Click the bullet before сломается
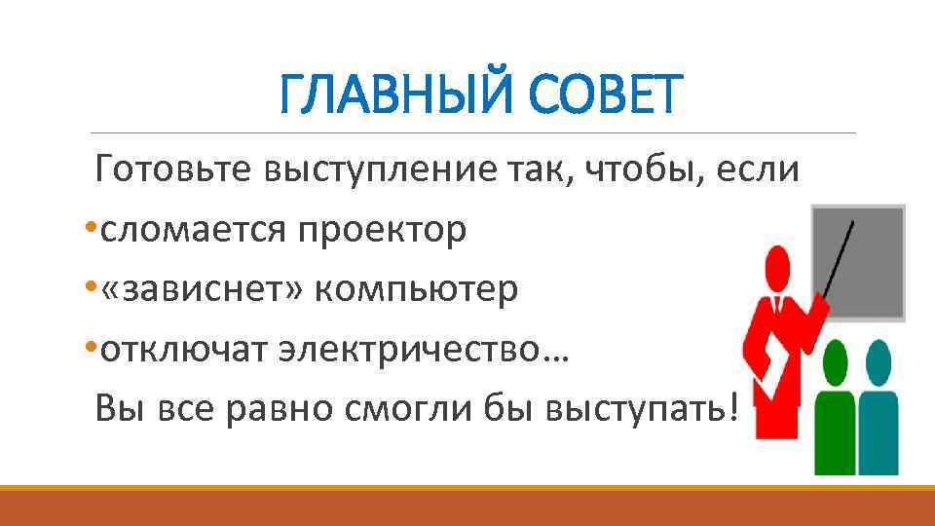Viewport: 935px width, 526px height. click(91, 232)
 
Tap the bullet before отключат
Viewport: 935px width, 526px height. click(91, 350)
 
